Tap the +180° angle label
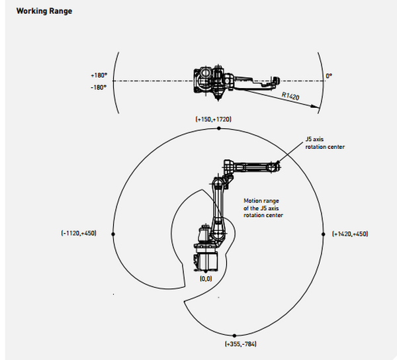(x=99, y=75)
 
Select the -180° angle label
(x=99, y=86)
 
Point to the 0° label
(x=328, y=76)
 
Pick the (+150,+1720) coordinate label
(x=213, y=118)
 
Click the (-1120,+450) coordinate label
(x=78, y=234)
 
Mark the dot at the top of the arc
(x=219, y=130)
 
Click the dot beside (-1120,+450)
(x=114, y=234)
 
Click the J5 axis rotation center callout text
(x=325, y=144)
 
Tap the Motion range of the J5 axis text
(x=263, y=207)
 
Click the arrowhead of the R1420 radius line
(x=319, y=107)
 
